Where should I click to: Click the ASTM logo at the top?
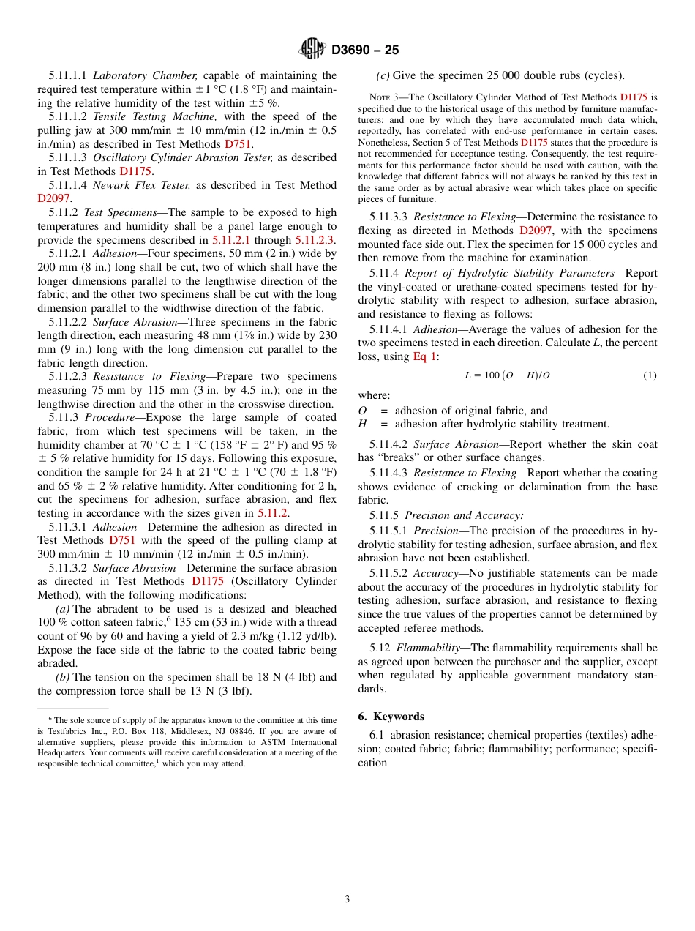coord(312,49)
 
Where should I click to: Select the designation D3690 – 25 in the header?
coord(365,51)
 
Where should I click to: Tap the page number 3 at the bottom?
coord(347,899)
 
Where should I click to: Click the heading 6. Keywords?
coord(391,717)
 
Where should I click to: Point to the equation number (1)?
coord(650,375)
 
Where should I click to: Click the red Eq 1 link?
coord(424,356)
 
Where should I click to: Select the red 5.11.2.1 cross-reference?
coord(231,240)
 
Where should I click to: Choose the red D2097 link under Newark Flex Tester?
coord(53,198)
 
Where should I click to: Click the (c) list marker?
coord(383,75)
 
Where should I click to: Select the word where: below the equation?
coord(374,395)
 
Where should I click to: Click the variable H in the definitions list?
coord(362,424)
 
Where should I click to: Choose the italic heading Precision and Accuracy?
coord(464,515)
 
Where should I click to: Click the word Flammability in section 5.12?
coord(427,648)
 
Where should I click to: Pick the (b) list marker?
coord(63,677)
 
